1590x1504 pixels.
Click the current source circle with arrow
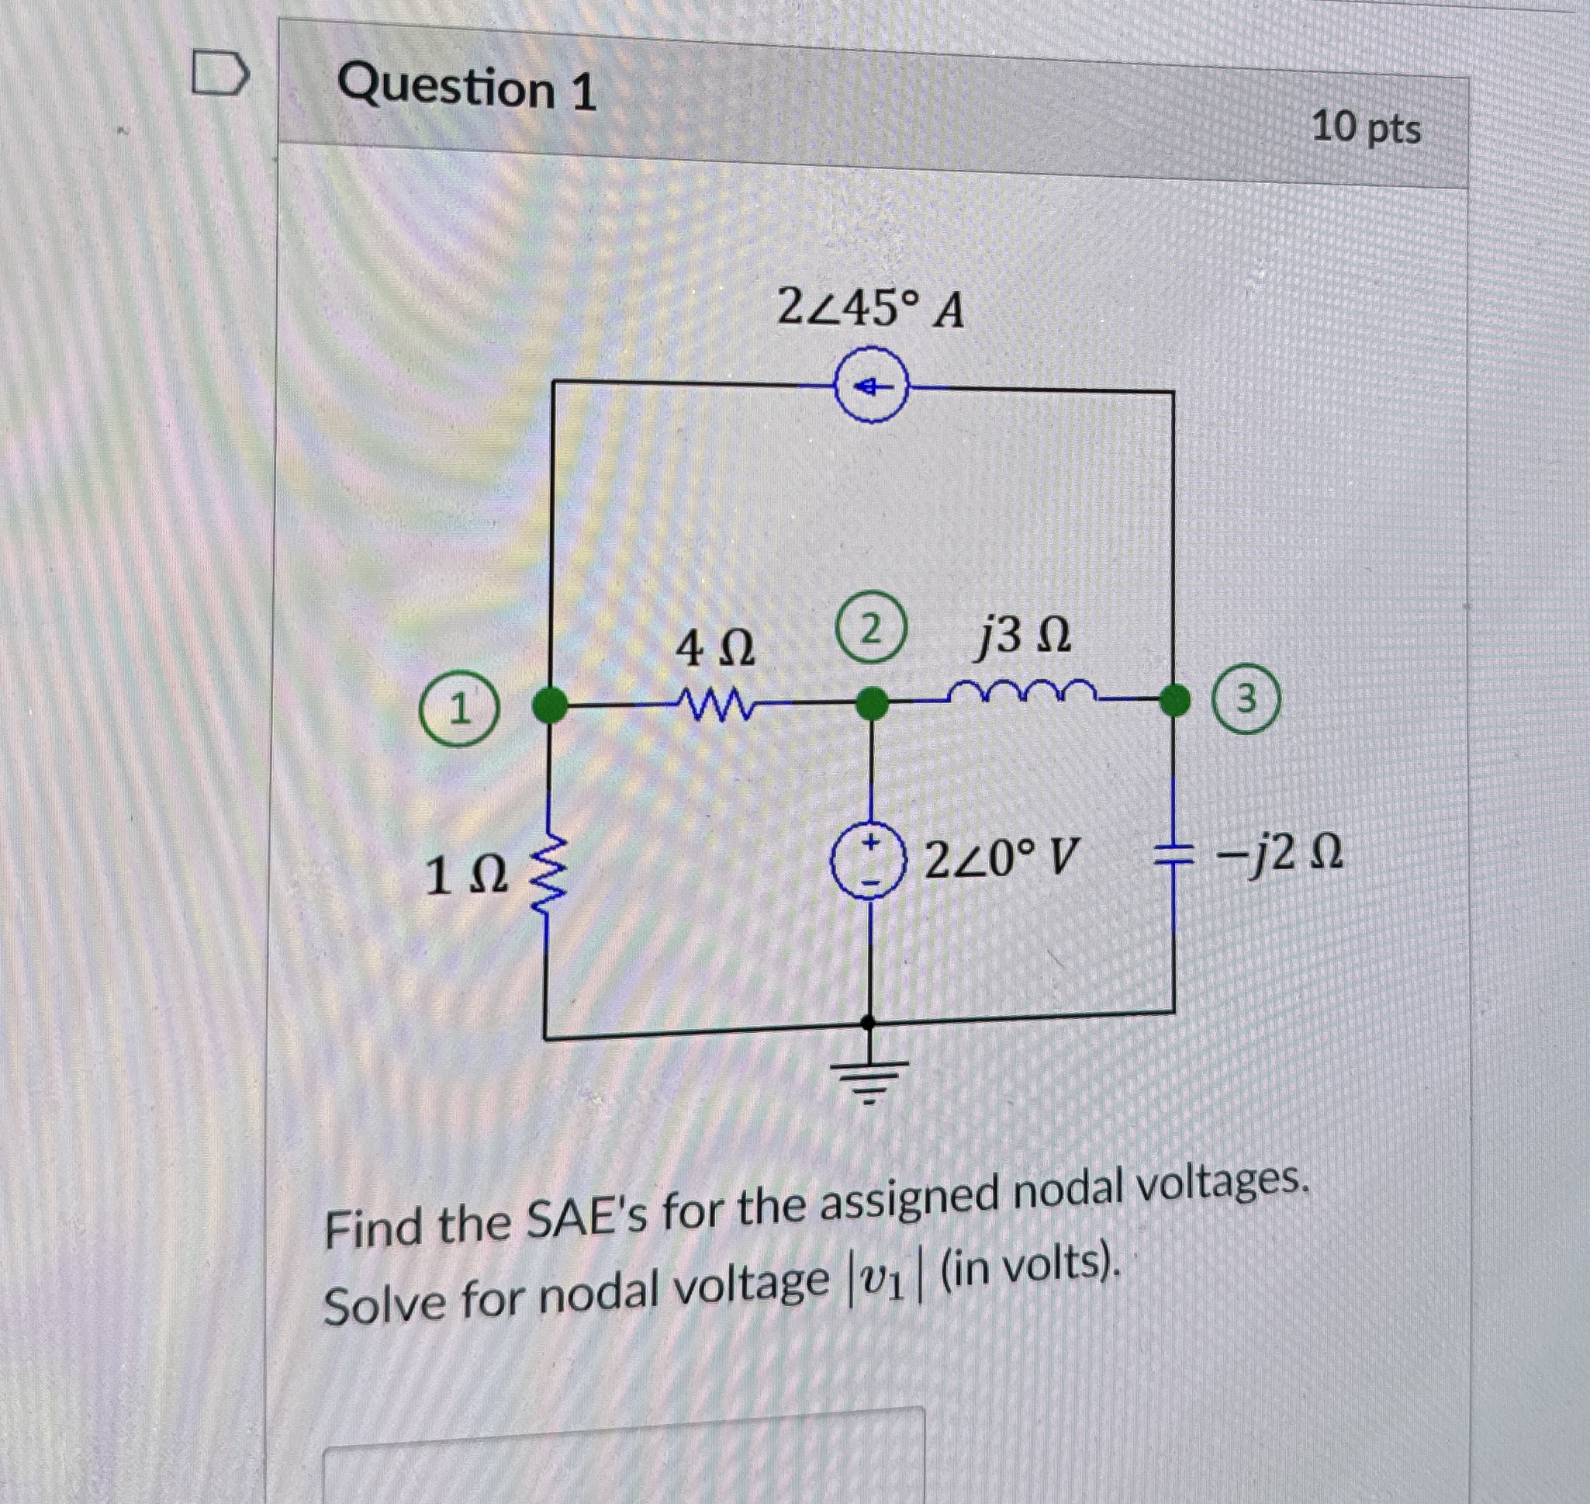[872, 388]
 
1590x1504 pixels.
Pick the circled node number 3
[1246, 699]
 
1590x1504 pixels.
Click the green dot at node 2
[872, 705]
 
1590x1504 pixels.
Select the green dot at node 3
[1175, 700]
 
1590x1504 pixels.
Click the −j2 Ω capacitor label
[1278, 855]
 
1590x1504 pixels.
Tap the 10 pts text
[1366, 127]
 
